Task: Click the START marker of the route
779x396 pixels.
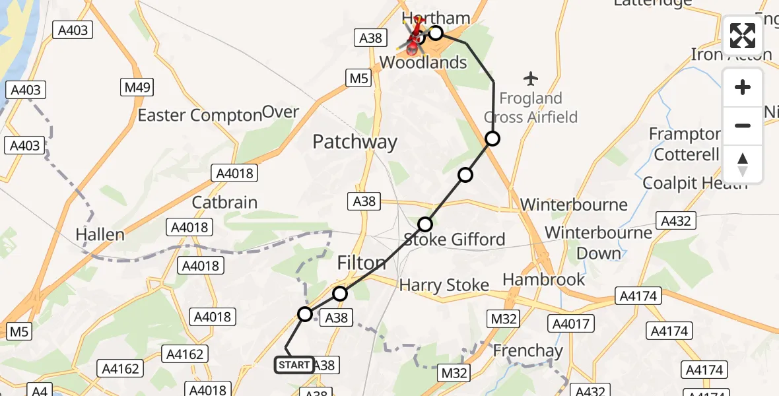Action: click(x=294, y=365)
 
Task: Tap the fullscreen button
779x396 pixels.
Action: click(x=743, y=36)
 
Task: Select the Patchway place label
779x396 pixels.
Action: click(x=355, y=142)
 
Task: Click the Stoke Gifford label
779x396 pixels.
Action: click(x=454, y=240)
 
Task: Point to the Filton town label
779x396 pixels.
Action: click(x=362, y=263)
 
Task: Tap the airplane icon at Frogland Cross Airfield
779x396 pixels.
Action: click(x=531, y=79)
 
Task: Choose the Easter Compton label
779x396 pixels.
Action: click(x=199, y=115)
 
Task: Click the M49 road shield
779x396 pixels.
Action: click(x=139, y=87)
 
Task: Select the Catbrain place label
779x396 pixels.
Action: click(x=224, y=202)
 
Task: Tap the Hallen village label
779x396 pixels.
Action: click(x=100, y=234)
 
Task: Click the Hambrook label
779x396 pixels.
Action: click(x=544, y=279)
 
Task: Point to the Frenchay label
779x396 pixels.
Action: click(x=527, y=350)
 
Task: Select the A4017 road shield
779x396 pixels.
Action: click(x=572, y=324)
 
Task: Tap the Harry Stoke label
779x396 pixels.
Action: click(x=444, y=285)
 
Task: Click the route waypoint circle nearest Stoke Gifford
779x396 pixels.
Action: click(x=425, y=224)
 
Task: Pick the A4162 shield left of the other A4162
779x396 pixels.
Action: click(x=120, y=368)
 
